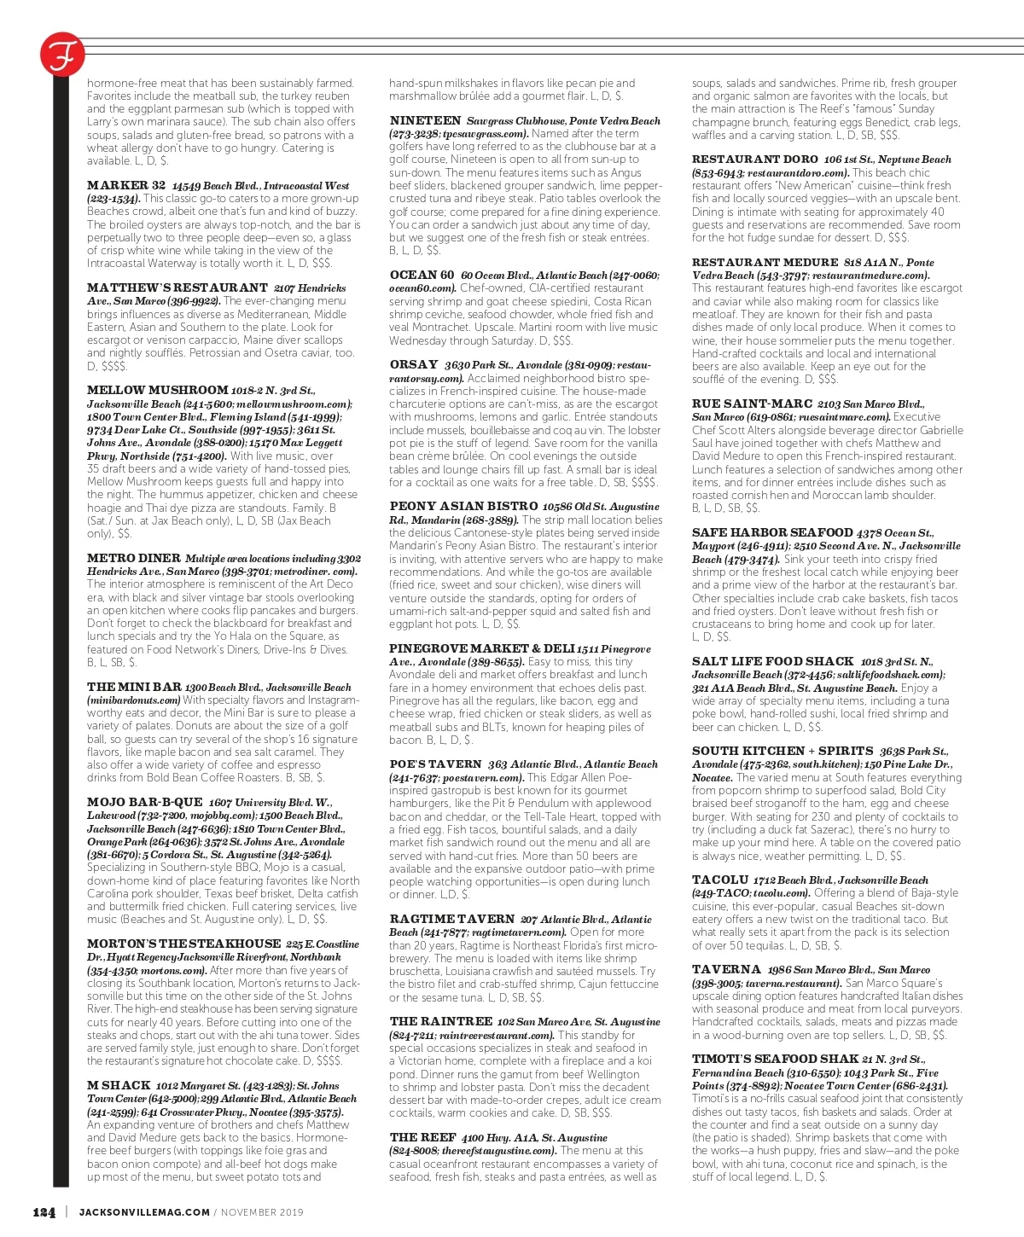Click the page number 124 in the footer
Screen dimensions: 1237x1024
[44, 1212]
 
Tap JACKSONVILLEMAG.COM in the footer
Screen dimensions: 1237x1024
[143, 1212]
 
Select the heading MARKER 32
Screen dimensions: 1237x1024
[126, 185]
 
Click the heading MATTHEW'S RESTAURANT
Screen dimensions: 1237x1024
[177, 288]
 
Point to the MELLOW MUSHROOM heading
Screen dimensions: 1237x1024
[158, 390]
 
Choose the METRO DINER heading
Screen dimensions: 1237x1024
[134, 558]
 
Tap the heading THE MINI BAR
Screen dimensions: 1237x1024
[134, 687]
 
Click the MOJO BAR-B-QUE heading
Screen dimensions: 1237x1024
[145, 803]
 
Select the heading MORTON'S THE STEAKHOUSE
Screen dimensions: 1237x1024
[183, 944]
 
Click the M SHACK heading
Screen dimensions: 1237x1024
[119, 1086]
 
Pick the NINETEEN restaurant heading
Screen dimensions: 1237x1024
[425, 121]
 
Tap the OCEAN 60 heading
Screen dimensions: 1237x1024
[422, 275]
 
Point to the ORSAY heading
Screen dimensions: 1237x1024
[414, 365]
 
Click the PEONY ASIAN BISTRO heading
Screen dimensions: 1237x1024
[463, 507]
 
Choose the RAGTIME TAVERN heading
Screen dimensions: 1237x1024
[451, 919]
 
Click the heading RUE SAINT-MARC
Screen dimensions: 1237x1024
[751, 404]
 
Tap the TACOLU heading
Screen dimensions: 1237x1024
[720, 880]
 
